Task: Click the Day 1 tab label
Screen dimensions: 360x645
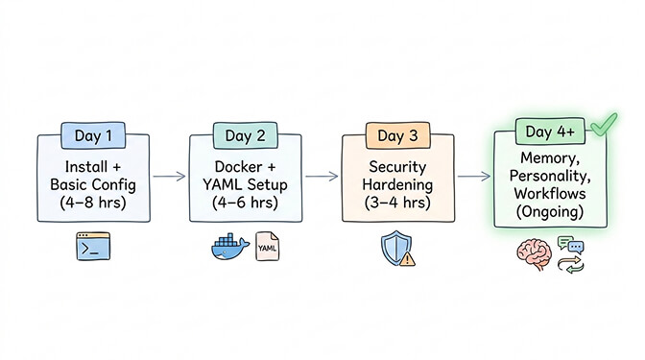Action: coord(95,136)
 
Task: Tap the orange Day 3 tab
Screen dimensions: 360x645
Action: coord(391,136)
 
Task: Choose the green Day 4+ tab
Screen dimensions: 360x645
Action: coord(546,131)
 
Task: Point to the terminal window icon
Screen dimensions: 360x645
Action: coord(94,247)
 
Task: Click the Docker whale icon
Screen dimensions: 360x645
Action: coord(228,248)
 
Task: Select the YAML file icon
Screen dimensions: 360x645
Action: coord(268,249)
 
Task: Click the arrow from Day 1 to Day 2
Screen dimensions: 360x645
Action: coord(169,177)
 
